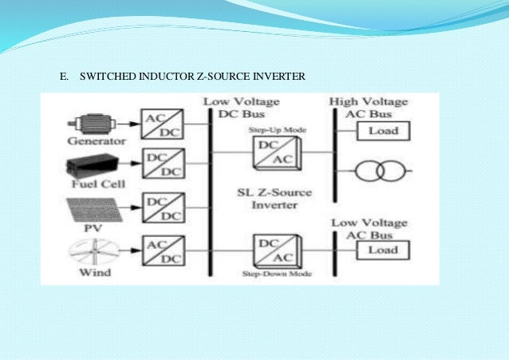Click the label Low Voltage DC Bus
tap(231, 107)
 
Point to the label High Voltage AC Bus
tap(369, 107)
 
